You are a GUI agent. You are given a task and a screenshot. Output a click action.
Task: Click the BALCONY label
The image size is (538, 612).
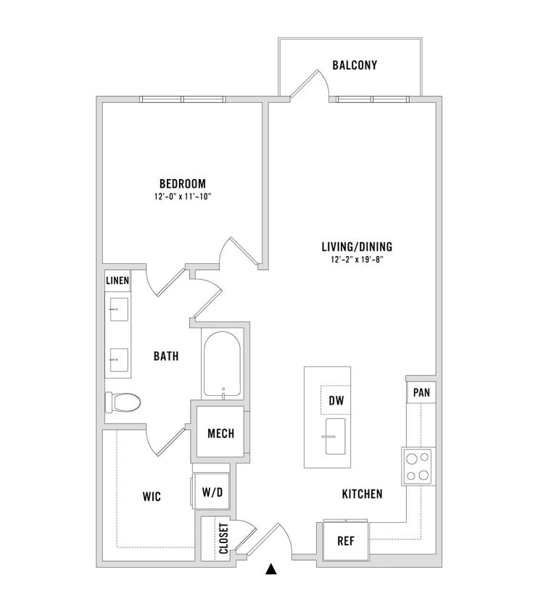click(x=355, y=65)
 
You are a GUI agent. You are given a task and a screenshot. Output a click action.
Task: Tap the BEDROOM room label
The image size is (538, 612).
click(x=183, y=183)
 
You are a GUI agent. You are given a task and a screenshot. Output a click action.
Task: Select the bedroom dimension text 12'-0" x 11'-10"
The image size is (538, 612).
click(x=183, y=197)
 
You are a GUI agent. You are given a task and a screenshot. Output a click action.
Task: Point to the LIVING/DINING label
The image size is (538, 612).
click(x=357, y=247)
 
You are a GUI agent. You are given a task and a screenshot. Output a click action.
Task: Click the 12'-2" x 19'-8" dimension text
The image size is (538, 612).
click(x=357, y=260)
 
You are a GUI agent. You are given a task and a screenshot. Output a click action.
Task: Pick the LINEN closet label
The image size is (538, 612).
click(x=117, y=280)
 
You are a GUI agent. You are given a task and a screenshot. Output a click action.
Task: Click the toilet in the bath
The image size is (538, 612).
click(x=123, y=402)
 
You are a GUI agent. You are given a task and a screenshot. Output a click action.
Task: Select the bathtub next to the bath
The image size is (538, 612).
click(x=223, y=363)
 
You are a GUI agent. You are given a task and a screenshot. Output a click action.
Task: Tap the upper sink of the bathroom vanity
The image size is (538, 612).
click(x=119, y=310)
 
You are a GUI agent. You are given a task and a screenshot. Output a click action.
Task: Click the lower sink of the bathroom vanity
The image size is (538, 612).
click(x=119, y=360)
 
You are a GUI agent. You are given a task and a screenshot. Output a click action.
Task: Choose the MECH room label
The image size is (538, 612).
click(x=221, y=433)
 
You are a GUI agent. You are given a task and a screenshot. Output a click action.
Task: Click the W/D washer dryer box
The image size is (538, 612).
click(x=212, y=492)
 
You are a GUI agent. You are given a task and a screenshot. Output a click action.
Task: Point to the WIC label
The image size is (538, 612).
click(x=152, y=497)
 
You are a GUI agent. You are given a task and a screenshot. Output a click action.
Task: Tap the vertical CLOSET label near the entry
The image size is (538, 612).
click(x=223, y=538)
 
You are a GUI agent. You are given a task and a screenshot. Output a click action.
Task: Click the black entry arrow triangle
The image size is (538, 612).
click(x=270, y=569)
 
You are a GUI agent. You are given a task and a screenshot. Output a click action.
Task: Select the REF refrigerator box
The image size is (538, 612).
click(x=346, y=540)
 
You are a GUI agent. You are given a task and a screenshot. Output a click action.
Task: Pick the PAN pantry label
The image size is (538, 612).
click(x=421, y=392)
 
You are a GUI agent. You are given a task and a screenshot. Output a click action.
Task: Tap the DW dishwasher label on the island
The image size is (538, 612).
click(x=336, y=400)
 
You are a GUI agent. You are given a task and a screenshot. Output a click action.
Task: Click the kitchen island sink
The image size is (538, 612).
click(x=335, y=437)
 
